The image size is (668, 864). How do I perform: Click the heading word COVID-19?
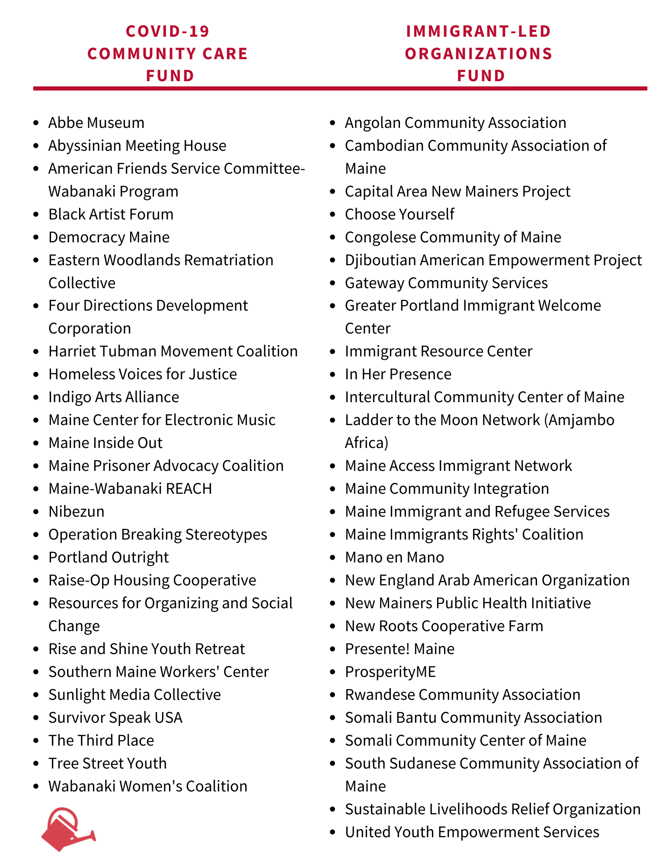pyautogui.click(x=168, y=31)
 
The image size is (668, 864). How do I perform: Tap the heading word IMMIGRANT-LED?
pyautogui.click(x=479, y=31)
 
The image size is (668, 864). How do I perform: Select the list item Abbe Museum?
pyautogui.click(x=96, y=123)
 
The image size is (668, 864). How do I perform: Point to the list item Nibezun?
pyautogui.click(x=77, y=511)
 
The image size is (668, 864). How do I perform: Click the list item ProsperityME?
pyautogui.click(x=390, y=672)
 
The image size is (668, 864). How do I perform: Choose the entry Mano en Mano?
pyautogui.click(x=394, y=557)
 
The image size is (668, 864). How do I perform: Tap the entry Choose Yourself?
pyautogui.click(x=400, y=214)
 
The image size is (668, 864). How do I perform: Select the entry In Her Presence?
pyautogui.click(x=398, y=374)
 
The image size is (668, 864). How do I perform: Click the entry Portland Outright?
pyautogui.click(x=109, y=557)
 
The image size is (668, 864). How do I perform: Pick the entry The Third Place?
pyautogui.click(x=101, y=740)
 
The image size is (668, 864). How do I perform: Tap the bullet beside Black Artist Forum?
pyautogui.click(x=37, y=215)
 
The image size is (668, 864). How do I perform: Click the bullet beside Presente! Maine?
pyautogui.click(x=332, y=649)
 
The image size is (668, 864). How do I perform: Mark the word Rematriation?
pyautogui.click(x=229, y=260)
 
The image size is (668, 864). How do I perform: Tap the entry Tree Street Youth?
pyautogui.click(x=108, y=763)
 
